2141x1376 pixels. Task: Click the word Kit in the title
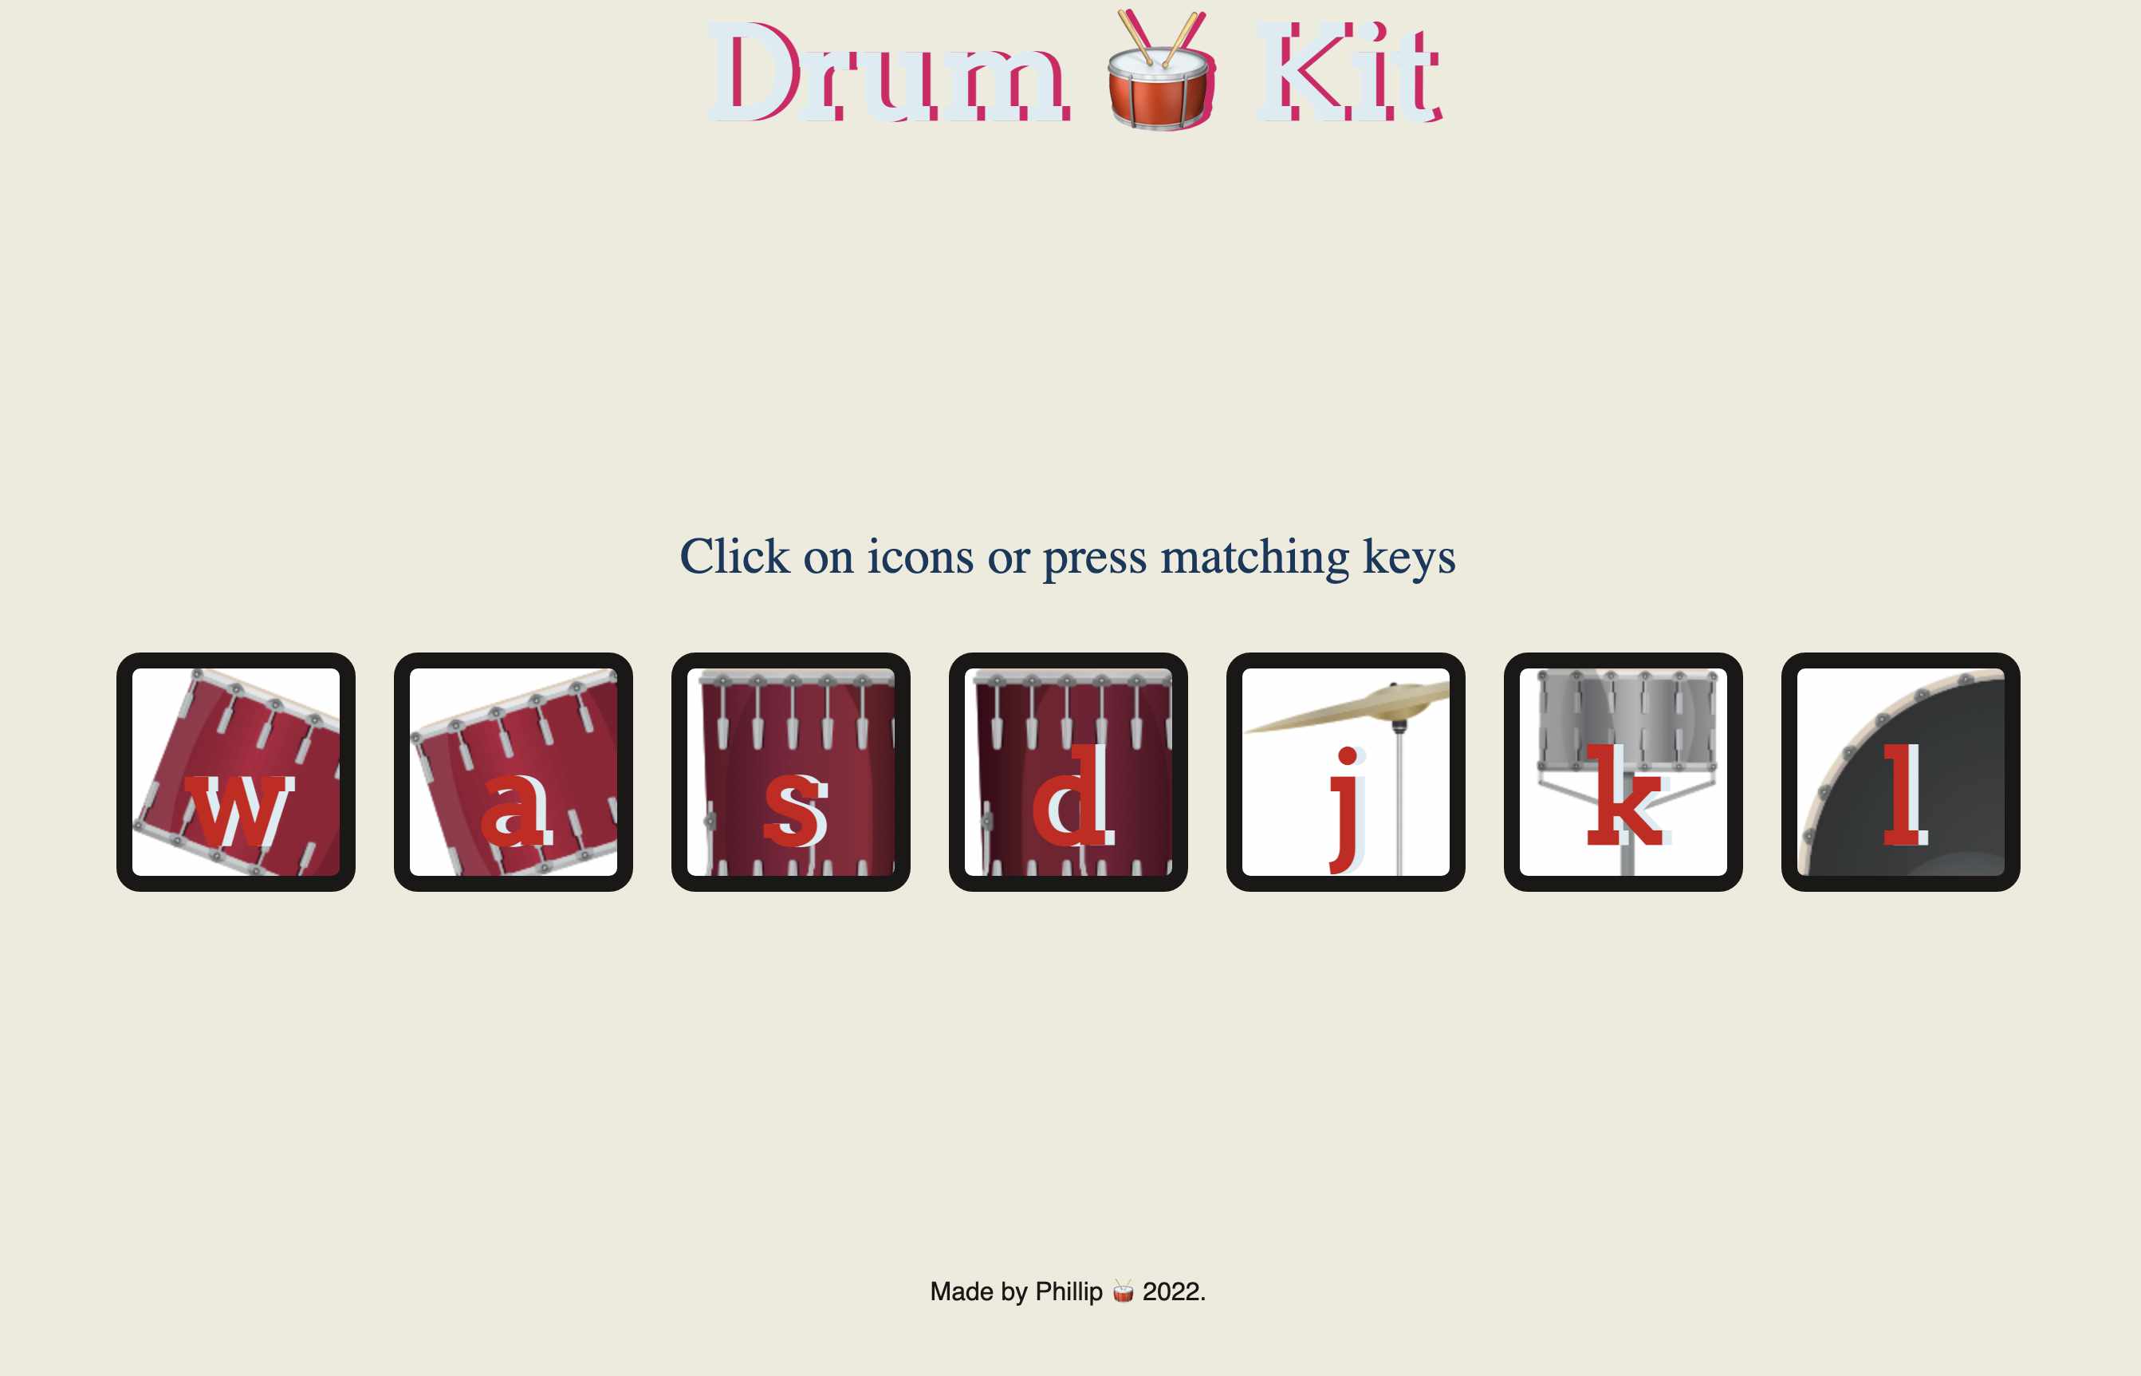tap(1348, 73)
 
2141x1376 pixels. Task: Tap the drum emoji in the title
tap(1159, 72)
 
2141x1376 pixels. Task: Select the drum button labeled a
tap(514, 772)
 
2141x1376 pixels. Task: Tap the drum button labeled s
tap(790, 772)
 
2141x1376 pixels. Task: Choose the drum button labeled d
tap(1069, 772)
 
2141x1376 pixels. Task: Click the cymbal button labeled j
tap(1345, 772)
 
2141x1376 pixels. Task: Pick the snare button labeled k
tap(1623, 772)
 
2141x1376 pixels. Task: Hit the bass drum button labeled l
tap(1901, 772)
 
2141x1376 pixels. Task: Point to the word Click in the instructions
tap(734, 557)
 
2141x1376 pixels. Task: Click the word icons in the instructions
tap(920, 557)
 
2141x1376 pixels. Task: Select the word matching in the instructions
tap(1254, 557)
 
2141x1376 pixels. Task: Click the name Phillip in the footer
tap(1069, 1291)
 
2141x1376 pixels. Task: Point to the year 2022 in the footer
tap(1172, 1291)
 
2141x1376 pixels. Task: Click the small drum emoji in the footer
tap(1123, 1291)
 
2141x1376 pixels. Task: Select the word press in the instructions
tap(1094, 558)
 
